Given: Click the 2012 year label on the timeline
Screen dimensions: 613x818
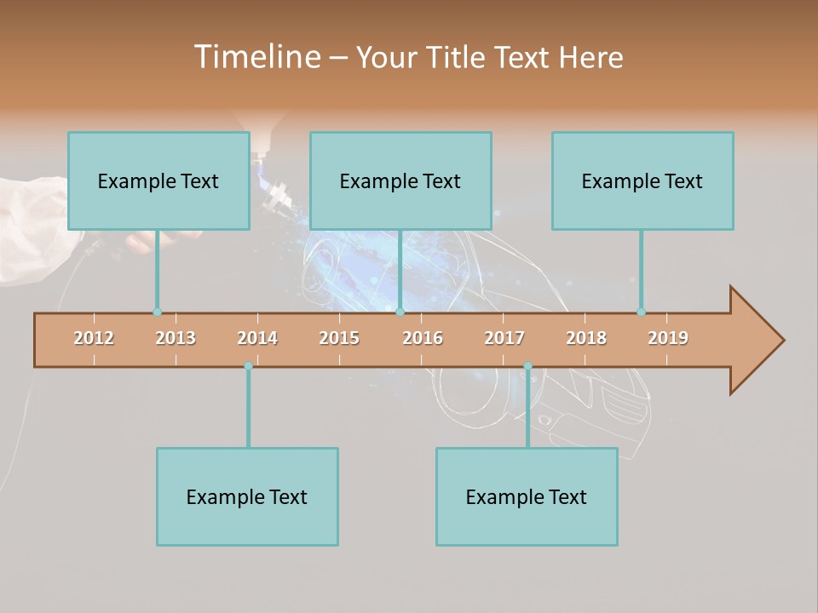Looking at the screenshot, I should click(x=94, y=338).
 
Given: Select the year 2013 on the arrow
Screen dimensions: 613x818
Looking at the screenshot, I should click(x=176, y=338).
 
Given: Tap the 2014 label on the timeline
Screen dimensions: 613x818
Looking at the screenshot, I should click(x=257, y=338).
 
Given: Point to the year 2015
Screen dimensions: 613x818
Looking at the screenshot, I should click(x=339, y=338).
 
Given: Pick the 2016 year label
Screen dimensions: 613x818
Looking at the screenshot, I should click(x=423, y=338).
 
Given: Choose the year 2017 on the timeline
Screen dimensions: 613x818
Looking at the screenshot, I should click(x=504, y=338).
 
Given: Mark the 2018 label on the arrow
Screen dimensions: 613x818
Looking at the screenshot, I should click(x=586, y=338).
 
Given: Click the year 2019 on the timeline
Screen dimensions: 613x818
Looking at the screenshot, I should click(x=668, y=338).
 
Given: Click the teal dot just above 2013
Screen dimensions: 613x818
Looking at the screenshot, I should click(x=157, y=312).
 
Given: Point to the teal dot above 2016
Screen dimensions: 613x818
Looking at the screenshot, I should click(x=400, y=312).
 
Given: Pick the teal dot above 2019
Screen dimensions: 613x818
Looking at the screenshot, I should click(x=641, y=312).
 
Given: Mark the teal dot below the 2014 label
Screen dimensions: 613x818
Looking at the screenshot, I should click(x=248, y=366).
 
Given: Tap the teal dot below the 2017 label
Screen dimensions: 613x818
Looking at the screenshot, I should click(x=527, y=366).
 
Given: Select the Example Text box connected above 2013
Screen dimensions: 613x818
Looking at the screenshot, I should click(x=158, y=180).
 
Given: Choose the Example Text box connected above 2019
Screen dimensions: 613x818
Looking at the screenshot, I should click(x=642, y=180).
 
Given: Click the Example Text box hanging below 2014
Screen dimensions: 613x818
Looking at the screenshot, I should click(x=247, y=496).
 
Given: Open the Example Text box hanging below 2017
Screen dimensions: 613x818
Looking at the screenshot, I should click(x=527, y=496).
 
